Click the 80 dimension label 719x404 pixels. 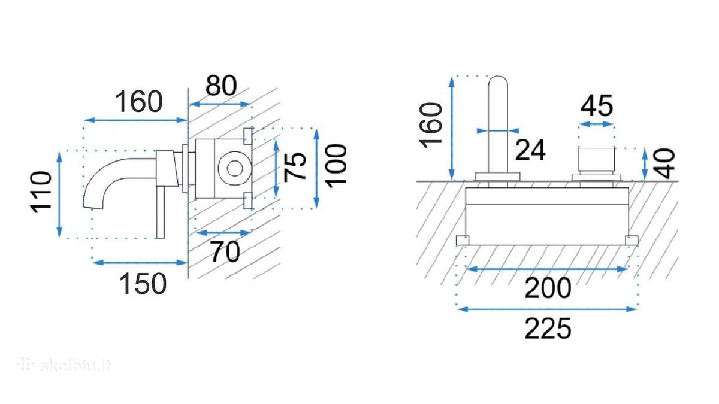tap(221, 86)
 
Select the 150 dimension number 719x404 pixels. tap(143, 284)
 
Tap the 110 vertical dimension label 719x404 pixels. tap(41, 192)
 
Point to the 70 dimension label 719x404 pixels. tap(225, 252)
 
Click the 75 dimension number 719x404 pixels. tap(295, 166)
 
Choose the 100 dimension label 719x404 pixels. tap(336, 165)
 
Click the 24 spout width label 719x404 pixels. tap(530, 150)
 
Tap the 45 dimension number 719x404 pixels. tap(596, 105)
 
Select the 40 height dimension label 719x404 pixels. tap(664, 163)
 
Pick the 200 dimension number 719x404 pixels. tap(548, 288)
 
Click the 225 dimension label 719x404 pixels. tap(548, 329)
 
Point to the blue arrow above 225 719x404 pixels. tap(546, 309)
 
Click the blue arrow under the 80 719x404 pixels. tap(220, 104)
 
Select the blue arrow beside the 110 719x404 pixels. tap(59, 195)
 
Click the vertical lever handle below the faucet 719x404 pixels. tap(160, 212)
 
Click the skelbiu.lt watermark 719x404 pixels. tap(64, 365)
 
